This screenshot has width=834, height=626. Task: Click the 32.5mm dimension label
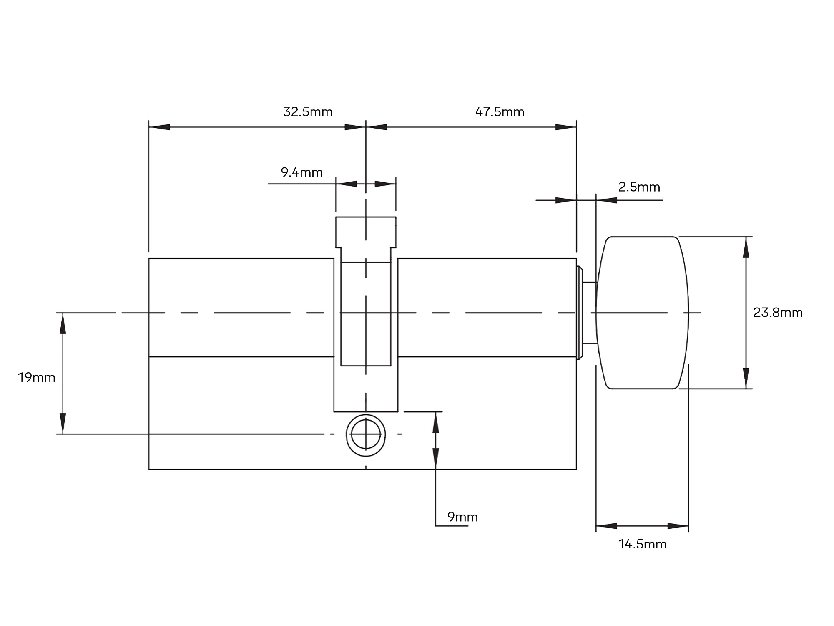click(x=308, y=112)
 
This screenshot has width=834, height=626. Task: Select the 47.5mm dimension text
click(x=500, y=112)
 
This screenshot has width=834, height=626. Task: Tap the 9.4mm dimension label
click(x=302, y=172)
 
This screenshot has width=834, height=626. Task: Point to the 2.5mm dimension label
click(x=639, y=187)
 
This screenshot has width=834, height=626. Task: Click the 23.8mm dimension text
click(x=778, y=313)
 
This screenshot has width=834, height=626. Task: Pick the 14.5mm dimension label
click(x=643, y=544)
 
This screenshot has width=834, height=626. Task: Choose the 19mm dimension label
click(x=37, y=378)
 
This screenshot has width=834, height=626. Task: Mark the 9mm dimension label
click(x=462, y=517)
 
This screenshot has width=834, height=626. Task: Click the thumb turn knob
click(x=642, y=313)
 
